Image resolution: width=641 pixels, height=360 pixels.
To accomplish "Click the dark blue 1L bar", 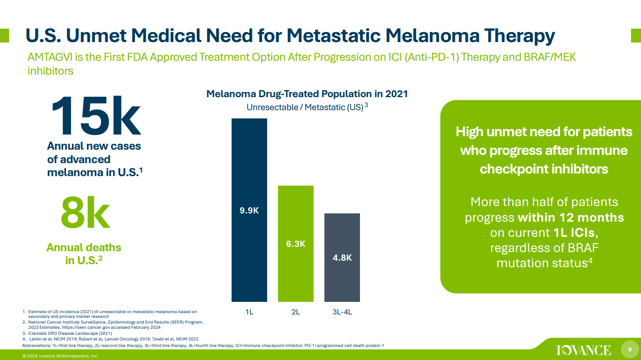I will (249, 165).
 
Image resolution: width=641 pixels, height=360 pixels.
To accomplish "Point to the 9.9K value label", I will (249, 210).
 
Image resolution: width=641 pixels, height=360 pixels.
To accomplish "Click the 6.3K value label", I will (295, 244).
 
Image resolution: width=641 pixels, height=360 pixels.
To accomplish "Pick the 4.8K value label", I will (342, 258).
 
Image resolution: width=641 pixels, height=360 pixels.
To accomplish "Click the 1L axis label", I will (249, 312).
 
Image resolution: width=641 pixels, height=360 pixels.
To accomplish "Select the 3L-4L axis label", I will (342, 312).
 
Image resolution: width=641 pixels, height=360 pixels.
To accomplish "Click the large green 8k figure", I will (85, 213).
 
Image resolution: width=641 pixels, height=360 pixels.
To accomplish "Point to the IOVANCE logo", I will (583, 350).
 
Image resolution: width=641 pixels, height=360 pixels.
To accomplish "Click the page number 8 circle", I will (630, 350).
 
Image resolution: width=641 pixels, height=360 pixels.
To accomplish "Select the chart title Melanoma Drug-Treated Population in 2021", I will (307, 94).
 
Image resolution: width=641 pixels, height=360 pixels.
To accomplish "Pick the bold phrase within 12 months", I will (571, 217).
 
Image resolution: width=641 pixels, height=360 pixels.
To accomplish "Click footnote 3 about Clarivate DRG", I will (69, 334).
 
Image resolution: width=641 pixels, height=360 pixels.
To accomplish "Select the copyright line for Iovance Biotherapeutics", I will (60, 356).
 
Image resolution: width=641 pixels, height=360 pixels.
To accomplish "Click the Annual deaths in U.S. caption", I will (84, 254).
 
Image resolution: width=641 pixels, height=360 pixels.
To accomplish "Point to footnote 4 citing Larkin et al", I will (113, 339).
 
